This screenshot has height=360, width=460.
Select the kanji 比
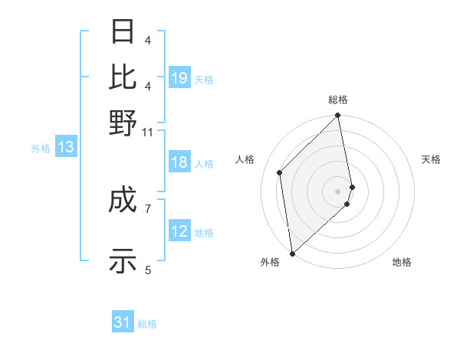pos(123,77)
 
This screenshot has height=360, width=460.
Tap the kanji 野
pos(123,122)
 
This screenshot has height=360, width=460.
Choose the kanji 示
pos(123,261)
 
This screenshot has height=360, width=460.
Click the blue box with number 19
pos(179,78)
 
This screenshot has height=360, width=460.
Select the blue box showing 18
pos(179,163)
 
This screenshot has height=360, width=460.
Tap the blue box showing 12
pos(179,232)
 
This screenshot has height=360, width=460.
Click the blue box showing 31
pos(123,323)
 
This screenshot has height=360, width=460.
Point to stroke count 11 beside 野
pos(147,133)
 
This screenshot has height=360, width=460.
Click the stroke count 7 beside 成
pos(148,208)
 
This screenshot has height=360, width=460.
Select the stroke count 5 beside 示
pos(148,269)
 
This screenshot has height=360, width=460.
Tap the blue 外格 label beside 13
pos(41,149)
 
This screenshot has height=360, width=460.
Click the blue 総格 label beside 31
pos(147,324)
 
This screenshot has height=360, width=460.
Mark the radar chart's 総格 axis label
pos(338,100)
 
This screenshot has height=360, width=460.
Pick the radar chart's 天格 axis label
pos(431,159)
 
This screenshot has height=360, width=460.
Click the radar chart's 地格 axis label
pos(402,262)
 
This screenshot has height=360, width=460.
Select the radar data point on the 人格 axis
pos(280,172)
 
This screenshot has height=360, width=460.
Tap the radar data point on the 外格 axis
pos(292,253)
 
